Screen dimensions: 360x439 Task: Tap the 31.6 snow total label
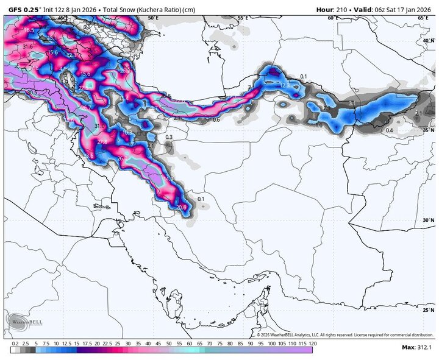tap(27, 46)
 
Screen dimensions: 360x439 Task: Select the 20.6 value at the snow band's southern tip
tap(181, 208)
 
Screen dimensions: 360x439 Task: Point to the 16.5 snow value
tap(29, 30)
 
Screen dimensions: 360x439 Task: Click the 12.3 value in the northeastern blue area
tap(284, 86)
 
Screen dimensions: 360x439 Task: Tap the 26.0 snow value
tap(122, 158)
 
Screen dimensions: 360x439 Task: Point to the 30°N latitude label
tap(429, 220)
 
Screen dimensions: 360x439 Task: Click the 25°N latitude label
tap(429, 310)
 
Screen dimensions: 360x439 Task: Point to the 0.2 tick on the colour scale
tap(15, 344)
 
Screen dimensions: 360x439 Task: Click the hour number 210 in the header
tap(343, 9)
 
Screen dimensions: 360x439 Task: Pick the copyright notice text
tap(344, 334)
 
